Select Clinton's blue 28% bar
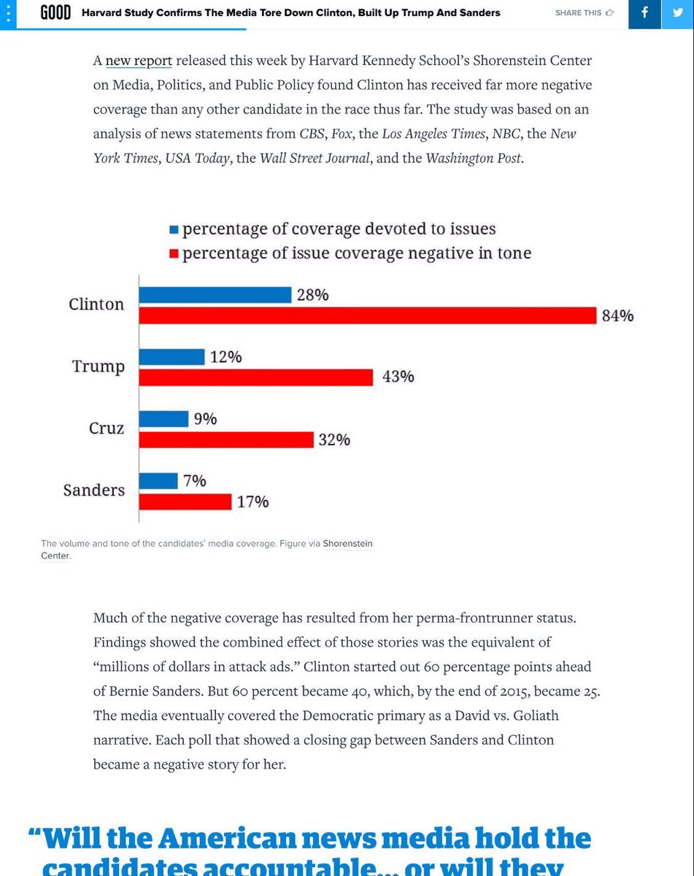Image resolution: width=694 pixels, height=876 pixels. (x=215, y=295)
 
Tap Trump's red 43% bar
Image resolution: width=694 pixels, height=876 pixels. (x=255, y=377)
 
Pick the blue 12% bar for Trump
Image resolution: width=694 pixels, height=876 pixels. (x=171, y=357)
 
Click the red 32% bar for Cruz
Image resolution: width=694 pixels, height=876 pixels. (x=225, y=439)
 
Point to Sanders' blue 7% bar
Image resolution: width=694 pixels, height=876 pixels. (x=158, y=481)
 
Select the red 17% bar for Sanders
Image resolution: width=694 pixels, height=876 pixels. (x=185, y=502)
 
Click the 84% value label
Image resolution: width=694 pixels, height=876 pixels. (x=617, y=316)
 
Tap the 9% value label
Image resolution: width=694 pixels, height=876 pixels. (x=205, y=419)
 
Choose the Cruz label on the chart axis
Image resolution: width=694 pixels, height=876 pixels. (x=107, y=429)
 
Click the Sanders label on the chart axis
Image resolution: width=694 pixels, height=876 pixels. (x=93, y=491)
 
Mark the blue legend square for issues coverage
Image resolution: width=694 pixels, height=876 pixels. (x=174, y=229)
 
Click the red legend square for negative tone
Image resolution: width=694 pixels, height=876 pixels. (x=174, y=254)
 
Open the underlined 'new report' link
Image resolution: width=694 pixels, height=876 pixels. (x=139, y=61)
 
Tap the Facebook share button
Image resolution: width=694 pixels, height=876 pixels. (x=644, y=13)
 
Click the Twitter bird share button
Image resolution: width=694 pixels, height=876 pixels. (x=678, y=13)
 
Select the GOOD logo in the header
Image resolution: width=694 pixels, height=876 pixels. (x=55, y=13)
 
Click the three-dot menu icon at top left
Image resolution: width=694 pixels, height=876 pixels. (x=8, y=13)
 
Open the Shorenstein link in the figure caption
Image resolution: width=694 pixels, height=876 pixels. (x=347, y=543)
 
